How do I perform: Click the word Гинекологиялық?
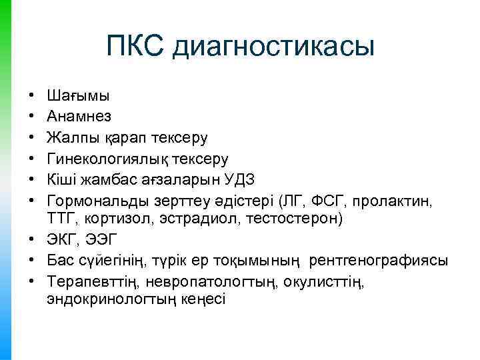(107, 159)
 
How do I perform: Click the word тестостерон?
(285, 217)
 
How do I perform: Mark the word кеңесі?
(205, 299)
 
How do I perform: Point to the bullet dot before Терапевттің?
(31, 283)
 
